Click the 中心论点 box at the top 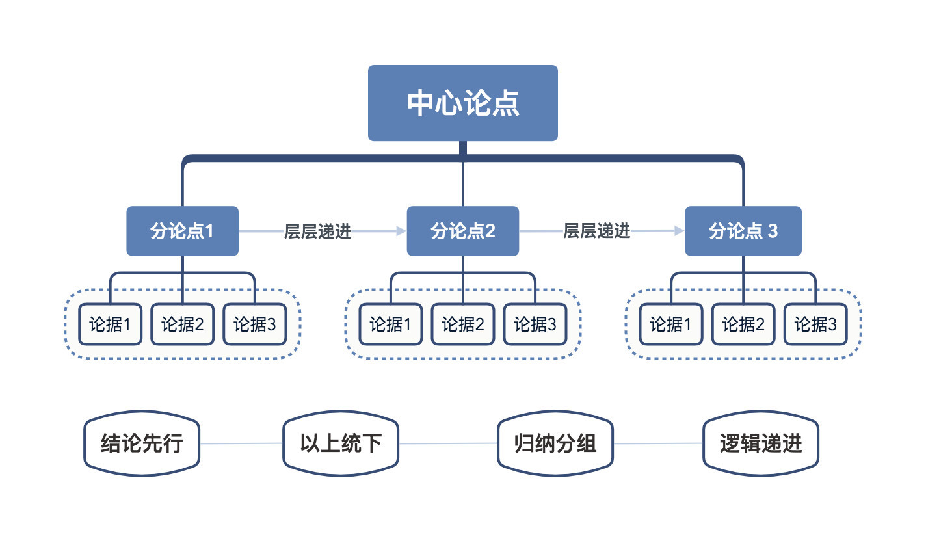tap(462, 103)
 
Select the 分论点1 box tap(182, 231)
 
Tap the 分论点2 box tap(462, 231)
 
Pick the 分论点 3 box tap(743, 231)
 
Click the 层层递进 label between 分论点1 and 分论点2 tap(317, 231)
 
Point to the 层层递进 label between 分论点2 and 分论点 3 tap(596, 230)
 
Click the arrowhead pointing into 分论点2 tap(399, 231)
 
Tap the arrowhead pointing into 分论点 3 tap(678, 230)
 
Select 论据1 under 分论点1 tap(110, 324)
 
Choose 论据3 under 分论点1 tap(254, 324)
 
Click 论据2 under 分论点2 tap(462, 324)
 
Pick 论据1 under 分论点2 tap(390, 324)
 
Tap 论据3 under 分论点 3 tap(815, 324)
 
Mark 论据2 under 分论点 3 tap(743, 324)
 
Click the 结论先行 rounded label tap(142, 443)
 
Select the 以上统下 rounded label tap(340, 443)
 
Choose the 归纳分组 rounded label tap(555, 443)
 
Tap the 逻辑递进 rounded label tap(760, 443)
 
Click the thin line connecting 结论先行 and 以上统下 tap(241, 443)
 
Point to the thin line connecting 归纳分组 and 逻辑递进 tap(658, 443)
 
